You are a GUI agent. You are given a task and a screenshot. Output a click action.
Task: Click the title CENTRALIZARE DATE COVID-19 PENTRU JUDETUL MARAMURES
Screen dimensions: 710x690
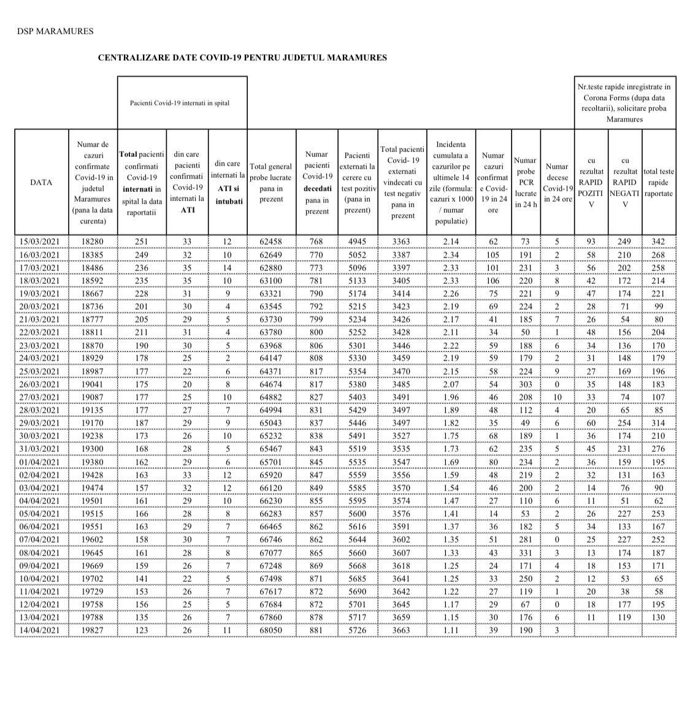coord(242,58)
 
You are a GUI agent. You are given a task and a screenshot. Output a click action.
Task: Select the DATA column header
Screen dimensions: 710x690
coord(41,182)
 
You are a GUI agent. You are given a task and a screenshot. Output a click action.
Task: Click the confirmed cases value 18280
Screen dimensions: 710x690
coord(93,242)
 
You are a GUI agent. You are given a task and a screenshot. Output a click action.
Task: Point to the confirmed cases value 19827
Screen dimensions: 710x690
coord(93,630)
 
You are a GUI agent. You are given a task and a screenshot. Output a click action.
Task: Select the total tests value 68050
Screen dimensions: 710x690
coord(271,630)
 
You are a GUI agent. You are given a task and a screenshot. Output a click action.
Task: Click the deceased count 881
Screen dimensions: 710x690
coord(316,630)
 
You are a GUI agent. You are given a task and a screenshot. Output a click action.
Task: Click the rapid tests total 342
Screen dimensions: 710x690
coord(658,242)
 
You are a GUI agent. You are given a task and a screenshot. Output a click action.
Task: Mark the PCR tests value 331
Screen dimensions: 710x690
coord(526,553)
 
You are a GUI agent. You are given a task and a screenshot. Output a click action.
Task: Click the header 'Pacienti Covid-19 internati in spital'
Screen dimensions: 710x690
coord(180,103)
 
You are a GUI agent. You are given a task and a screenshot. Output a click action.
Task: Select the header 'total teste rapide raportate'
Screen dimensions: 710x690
coord(658,182)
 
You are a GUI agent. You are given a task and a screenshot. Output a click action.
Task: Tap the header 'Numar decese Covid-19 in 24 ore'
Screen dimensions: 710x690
coord(557,182)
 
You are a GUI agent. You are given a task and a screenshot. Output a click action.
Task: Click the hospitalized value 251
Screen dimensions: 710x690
coord(142,242)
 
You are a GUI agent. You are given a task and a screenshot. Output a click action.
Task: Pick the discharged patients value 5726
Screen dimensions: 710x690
coord(358,630)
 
